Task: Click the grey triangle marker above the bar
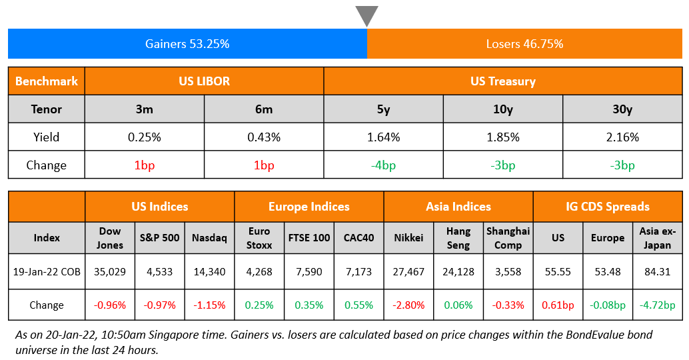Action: click(366, 15)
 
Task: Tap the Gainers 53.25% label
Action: click(187, 44)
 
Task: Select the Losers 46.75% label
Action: click(524, 44)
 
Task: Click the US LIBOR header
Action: click(204, 81)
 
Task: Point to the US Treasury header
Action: click(502, 81)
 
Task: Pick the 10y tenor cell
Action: click(502, 109)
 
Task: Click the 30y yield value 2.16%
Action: click(622, 137)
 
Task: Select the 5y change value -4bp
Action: click(383, 165)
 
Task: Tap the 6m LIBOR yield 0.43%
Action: click(264, 137)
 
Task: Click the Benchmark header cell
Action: click(47, 81)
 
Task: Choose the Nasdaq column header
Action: click(209, 237)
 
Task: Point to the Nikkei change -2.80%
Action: click(409, 305)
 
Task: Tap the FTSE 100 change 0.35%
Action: click(309, 305)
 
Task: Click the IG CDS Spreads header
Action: click(608, 207)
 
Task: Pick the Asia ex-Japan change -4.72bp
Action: click(658, 305)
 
